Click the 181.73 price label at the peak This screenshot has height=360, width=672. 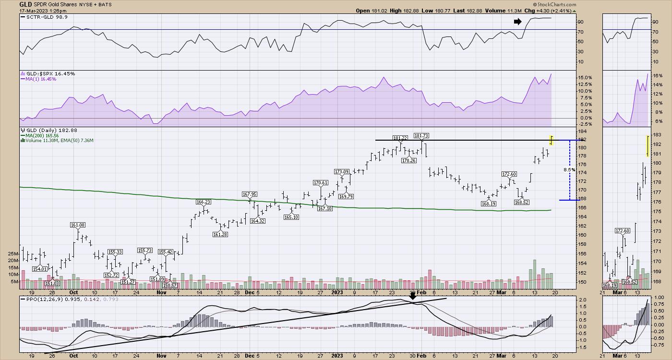point(421,136)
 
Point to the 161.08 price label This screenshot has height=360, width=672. point(77,225)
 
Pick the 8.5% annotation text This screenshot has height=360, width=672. point(569,170)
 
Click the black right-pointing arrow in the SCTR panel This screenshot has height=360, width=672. point(517,22)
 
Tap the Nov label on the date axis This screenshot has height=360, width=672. point(161,292)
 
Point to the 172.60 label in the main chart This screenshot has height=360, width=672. point(509,174)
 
